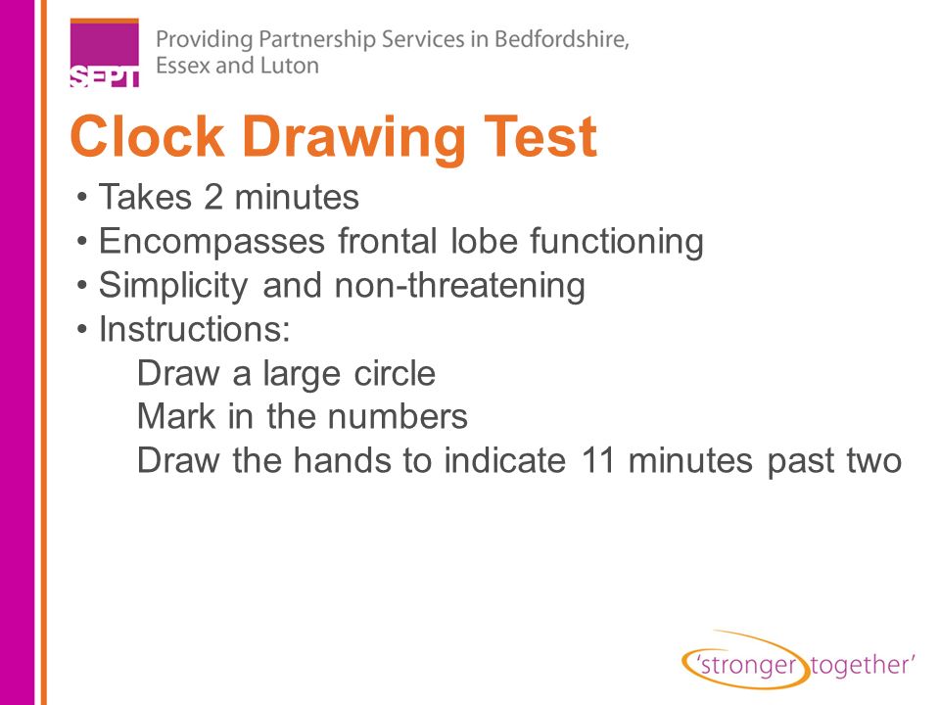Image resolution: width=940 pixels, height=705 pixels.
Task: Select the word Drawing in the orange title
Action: (x=346, y=137)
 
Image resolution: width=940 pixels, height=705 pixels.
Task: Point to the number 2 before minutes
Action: (x=214, y=198)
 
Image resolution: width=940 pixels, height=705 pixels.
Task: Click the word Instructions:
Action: (x=195, y=330)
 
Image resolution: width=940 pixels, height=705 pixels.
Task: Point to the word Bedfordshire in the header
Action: (x=562, y=41)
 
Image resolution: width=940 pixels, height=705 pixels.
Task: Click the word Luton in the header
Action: (x=289, y=67)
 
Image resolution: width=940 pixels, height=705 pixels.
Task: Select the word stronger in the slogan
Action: (x=747, y=665)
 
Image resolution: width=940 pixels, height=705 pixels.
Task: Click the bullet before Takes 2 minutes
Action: (x=84, y=199)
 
